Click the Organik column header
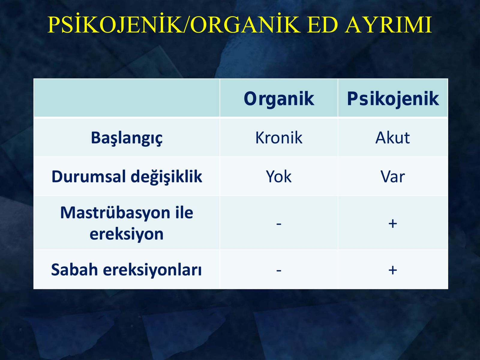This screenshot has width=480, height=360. [x=279, y=99]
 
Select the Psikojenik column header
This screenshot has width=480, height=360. [x=393, y=99]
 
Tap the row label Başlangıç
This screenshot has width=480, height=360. [x=127, y=138]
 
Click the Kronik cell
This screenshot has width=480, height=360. [x=279, y=138]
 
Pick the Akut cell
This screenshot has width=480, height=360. [x=392, y=138]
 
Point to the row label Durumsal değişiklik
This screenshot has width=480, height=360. [x=127, y=177]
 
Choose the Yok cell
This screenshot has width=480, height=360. [x=279, y=177]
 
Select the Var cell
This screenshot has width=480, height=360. [x=392, y=177]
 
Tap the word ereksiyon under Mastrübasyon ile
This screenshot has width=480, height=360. [x=127, y=234]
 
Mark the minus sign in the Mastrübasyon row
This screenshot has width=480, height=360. [x=279, y=224]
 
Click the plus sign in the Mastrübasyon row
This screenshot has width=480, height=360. [x=393, y=223]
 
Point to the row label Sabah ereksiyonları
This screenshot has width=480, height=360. [x=126, y=270]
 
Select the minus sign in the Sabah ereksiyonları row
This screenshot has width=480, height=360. [x=279, y=271]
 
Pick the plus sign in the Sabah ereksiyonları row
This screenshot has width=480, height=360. [x=393, y=270]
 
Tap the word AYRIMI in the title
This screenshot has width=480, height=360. [x=388, y=25]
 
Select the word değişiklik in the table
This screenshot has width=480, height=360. [x=166, y=177]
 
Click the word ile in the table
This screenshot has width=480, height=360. [x=184, y=212]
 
